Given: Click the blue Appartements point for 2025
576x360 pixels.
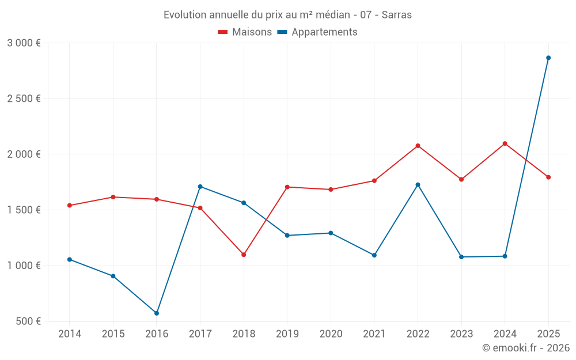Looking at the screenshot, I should (548, 58).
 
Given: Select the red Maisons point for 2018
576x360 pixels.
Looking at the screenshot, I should (244, 255).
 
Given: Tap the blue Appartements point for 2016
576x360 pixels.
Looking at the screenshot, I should (157, 313).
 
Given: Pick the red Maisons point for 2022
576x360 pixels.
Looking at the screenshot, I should (418, 146).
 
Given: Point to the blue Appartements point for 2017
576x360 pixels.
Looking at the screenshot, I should (200, 187).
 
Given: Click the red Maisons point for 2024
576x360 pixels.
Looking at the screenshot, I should (505, 143).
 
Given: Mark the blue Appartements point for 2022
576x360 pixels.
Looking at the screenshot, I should (418, 185).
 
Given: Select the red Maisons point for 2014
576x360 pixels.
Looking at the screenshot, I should (70, 206).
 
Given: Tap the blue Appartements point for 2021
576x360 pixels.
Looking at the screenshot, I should (374, 255).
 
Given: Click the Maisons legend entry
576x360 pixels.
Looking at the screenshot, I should (245, 32).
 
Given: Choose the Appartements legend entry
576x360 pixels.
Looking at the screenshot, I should (317, 32).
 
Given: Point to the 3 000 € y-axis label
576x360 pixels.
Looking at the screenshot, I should (24, 43).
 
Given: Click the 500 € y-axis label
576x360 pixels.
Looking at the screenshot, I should (28, 321).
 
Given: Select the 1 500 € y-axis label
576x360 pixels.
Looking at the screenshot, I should (24, 210).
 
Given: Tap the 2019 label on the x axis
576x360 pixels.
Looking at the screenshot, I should (287, 334).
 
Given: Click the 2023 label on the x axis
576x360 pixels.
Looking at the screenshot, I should (461, 334).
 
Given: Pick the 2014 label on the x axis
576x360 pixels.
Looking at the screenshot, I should (70, 334).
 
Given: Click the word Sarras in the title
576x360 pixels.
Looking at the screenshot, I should (397, 15).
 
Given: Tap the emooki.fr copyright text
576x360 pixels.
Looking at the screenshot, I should (525, 348).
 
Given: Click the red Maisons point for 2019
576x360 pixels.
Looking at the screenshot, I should (287, 187).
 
